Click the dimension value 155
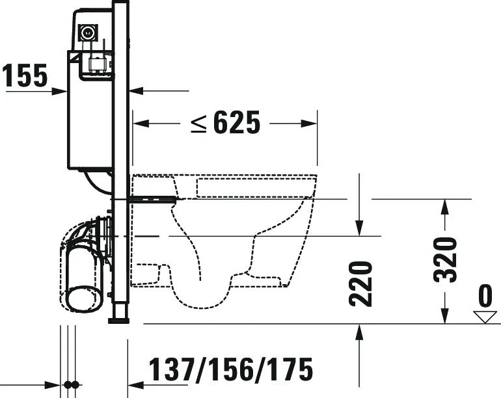(x=25, y=76)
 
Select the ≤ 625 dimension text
(x=225, y=122)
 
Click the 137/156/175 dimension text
(x=231, y=371)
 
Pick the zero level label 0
(x=485, y=297)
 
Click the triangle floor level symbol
(x=485, y=316)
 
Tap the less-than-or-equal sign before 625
(x=198, y=123)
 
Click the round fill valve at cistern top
(x=86, y=31)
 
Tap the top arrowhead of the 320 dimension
(x=444, y=206)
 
